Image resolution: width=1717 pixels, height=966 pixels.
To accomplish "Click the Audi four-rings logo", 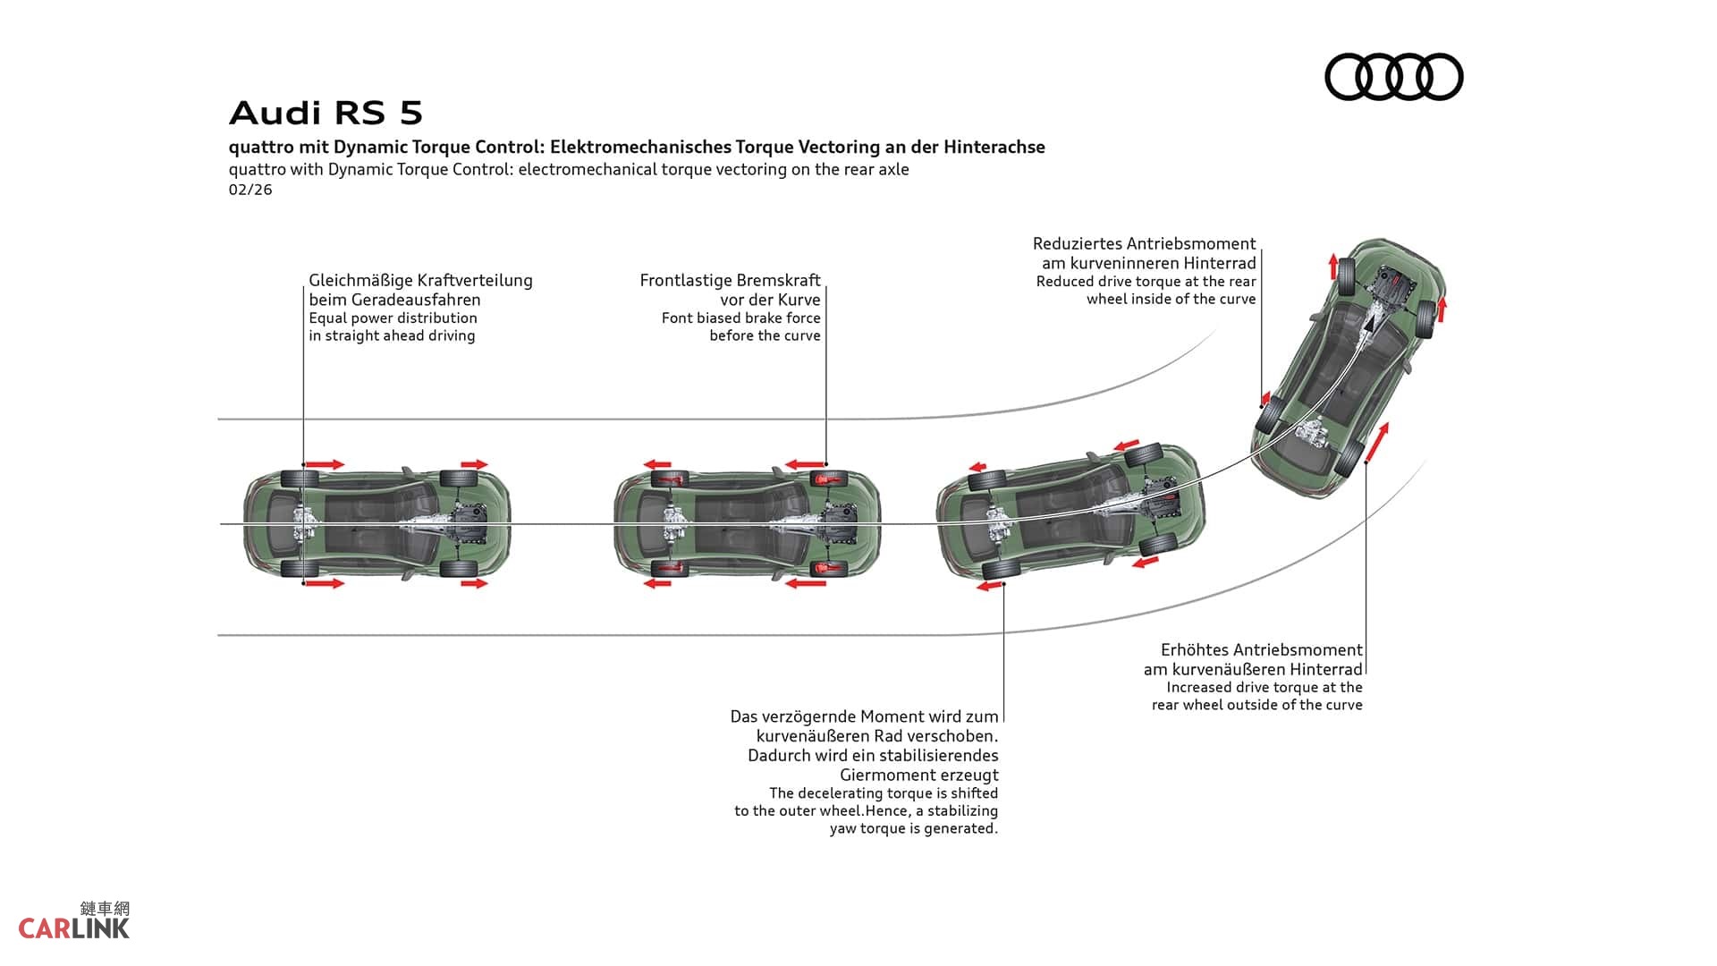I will tap(1393, 77).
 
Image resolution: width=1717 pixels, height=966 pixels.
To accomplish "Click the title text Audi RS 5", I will tap(326, 114).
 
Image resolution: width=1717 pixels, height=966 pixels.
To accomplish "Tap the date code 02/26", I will tap(250, 190).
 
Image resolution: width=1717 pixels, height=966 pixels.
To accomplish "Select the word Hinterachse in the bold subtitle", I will tap(994, 148).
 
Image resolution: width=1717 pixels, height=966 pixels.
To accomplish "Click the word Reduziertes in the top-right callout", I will tap(1077, 244).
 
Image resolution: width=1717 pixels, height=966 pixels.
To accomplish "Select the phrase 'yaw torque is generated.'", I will tap(913, 829).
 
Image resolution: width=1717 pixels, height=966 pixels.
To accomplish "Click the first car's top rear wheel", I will tap(299, 479).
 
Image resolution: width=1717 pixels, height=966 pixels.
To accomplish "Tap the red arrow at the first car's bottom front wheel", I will tap(474, 584).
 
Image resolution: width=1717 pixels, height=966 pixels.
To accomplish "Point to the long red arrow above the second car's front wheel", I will tap(804, 464).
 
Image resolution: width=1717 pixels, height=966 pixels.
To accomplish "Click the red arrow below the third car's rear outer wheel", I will tap(989, 586).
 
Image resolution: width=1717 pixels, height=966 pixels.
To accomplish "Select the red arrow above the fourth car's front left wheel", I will tap(1333, 266).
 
